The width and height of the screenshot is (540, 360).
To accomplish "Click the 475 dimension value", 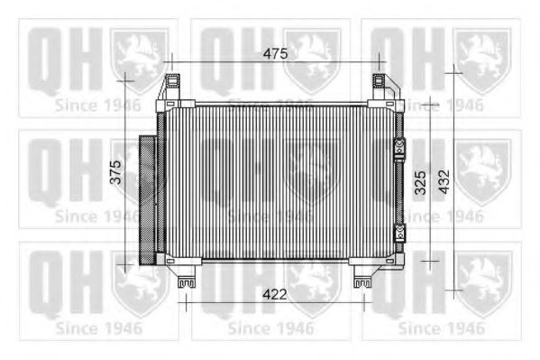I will (x=275, y=54).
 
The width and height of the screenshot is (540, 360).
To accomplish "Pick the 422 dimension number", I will (x=275, y=293).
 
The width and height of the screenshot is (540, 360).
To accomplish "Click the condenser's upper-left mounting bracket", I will (x=172, y=90).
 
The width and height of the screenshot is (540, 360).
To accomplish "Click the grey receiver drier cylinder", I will (x=147, y=198).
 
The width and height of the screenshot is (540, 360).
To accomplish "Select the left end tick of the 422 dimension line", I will (x=187, y=304).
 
